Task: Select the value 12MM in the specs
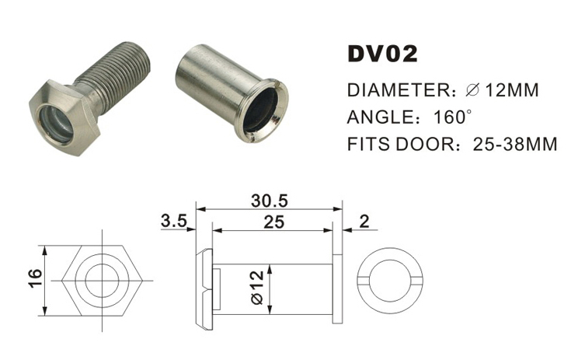[511, 91]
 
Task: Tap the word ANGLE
[377, 118]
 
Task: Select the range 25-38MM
[514, 145]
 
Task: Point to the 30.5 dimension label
[269, 200]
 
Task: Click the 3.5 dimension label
[173, 221]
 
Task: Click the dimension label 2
[364, 221]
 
